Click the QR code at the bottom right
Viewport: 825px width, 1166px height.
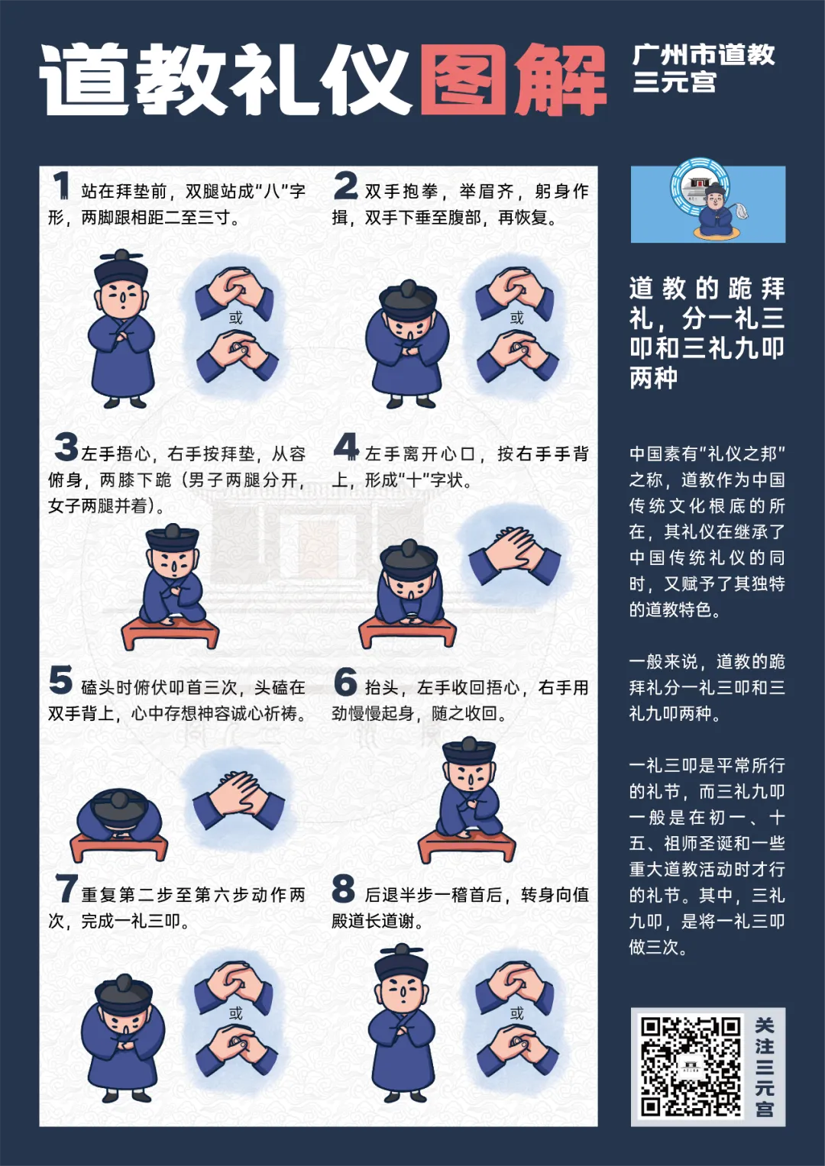[x=691, y=1066]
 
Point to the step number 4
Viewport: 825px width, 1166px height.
[x=346, y=447]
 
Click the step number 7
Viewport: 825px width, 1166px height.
[x=66, y=889]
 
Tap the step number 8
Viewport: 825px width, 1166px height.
[x=344, y=889]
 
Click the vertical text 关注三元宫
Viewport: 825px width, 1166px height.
[x=765, y=1066]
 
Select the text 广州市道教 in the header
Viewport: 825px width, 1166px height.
[x=704, y=55]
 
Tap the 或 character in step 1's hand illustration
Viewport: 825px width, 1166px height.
[x=236, y=318]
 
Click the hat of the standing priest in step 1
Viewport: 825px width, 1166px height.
[x=121, y=269]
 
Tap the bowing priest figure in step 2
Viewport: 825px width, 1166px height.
[x=408, y=344]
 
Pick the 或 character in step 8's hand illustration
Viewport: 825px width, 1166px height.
[x=517, y=1013]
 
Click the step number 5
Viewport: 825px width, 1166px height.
[x=61, y=680]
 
